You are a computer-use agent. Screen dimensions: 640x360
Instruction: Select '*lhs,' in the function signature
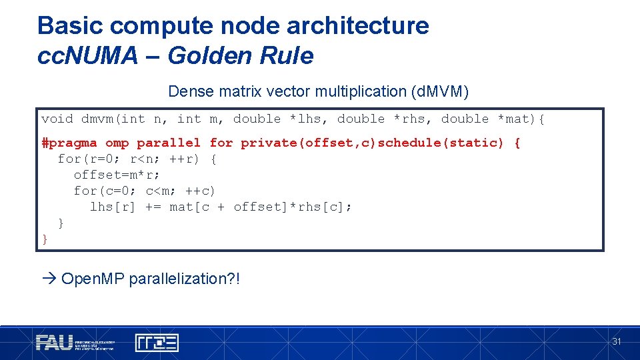[x=309, y=119]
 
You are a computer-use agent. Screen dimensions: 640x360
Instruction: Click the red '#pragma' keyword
[x=69, y=143]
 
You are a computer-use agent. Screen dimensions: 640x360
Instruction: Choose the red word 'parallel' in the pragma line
[x=169, y=143]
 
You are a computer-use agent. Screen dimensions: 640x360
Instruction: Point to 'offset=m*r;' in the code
[x=117, y=175]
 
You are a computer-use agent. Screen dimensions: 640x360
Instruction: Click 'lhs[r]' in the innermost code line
[x=113, y=207]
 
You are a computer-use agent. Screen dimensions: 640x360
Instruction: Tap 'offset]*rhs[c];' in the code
[x=293, y=207]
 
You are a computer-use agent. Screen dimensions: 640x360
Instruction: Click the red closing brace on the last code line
[x=45, y=239]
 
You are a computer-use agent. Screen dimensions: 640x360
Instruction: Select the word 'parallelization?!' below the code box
[x=184, y=279]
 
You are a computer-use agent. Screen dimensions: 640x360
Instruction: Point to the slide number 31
[x=617, y=341]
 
